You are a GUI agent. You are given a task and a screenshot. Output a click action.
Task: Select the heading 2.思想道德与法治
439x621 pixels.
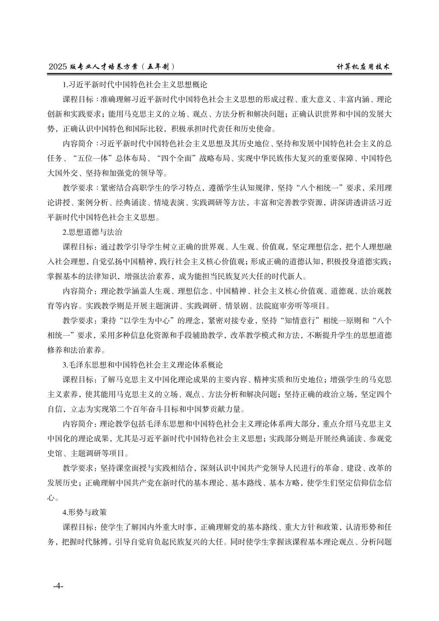click(x=92, y=232)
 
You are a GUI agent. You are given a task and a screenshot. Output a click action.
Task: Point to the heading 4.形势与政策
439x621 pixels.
click(x=84, y=512)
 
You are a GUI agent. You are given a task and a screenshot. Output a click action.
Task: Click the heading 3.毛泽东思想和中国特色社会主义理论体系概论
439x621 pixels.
click(x=142, y=365)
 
